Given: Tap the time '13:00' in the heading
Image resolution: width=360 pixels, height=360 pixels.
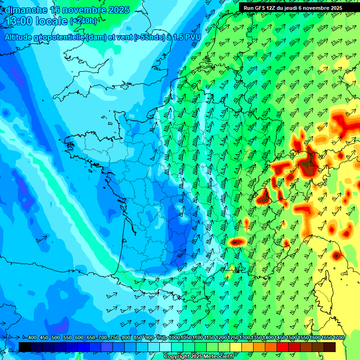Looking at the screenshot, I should [21, 22].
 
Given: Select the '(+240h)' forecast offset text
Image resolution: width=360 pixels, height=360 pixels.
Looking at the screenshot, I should [84, 22].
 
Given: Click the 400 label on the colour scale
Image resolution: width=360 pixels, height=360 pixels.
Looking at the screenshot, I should [32, 338].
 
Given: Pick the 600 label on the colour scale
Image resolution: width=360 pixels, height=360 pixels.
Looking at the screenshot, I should [79, 338].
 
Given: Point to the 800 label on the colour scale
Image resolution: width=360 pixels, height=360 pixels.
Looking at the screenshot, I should [126, 338].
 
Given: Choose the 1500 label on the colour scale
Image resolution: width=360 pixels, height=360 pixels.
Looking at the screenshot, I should [292, 338].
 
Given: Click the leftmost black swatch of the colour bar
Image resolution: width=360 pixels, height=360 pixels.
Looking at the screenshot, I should [25, 347].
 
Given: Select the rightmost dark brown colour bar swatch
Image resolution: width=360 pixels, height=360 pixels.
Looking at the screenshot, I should [330, 347].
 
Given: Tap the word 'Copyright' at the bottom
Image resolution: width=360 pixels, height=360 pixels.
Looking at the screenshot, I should [176, 357].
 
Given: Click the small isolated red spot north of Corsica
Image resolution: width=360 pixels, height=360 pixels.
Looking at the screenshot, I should [336, 255].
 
